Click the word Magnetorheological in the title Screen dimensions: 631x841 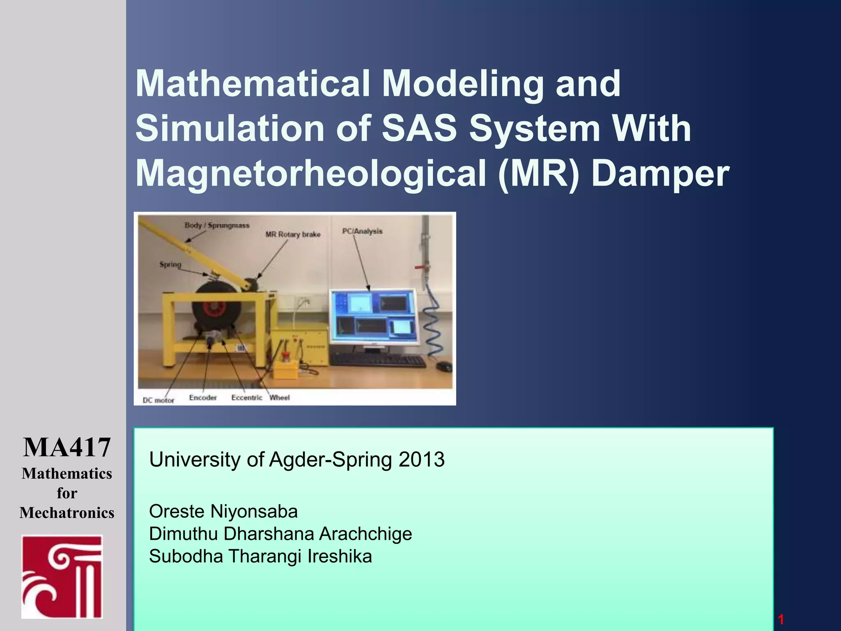(x=310, y=173)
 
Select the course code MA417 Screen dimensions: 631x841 (x=67, y=447)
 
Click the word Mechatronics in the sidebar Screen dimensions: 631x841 (x=67, y=513)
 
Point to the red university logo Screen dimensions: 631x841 (x=62, y=576)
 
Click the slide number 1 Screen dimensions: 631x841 (x=781, y=619)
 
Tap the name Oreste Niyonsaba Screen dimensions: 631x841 (x=223, y=511)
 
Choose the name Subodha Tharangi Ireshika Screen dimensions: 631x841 (x=260, y=556)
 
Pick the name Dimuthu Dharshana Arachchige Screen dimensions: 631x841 (x=280, y=534)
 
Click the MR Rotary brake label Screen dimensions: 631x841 (x=293, y=235)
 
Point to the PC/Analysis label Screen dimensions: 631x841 (x=362, y=231)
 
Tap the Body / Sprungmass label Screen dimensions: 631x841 (x=217, y=225)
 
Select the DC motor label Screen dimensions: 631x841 (x=159, y=400)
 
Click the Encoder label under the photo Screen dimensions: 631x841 (x=203, y=398)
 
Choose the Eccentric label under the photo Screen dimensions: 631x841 (x=246, y=398)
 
